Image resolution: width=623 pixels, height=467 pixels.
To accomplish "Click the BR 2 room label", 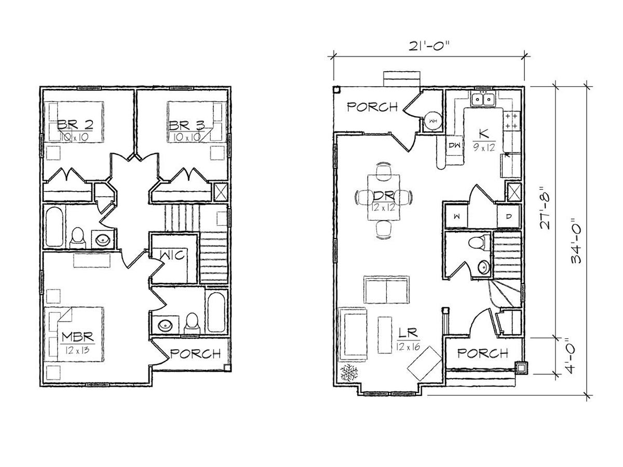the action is [x=75, y=125].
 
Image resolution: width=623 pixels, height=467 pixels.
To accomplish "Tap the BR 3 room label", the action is [x=186, y=125].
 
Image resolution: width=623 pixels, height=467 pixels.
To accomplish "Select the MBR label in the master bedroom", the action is [x=77, y=337].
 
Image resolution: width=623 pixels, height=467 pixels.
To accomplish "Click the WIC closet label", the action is [x=172, y=255].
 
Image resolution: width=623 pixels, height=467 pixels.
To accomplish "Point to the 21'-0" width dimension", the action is [x=429, y=45].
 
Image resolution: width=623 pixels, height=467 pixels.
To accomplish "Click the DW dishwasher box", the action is [x=454, y=145].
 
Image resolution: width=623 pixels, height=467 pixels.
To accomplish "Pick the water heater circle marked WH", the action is [x=433, y=121].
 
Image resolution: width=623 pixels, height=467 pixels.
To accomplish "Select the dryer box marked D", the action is [x=509, y=216].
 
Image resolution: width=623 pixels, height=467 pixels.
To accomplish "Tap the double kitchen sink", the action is [x=483, y=99].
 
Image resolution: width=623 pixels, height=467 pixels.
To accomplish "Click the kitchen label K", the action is [x=484, y=134].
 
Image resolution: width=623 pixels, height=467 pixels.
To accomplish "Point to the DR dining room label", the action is [x=384, y=195].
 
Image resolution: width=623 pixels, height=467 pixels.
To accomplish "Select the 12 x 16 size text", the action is [x=409, y=347].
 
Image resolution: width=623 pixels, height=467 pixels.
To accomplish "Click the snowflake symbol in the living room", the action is [x=349, y=372].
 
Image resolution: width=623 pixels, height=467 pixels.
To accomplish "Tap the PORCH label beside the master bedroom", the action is [x=196, y=353].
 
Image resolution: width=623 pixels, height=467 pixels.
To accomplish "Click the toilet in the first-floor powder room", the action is [x=479, y=243].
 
